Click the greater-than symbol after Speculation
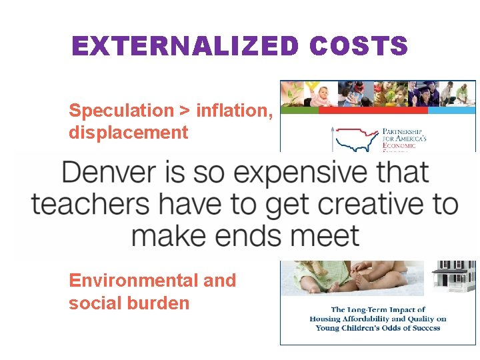click(x=186, y=111)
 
